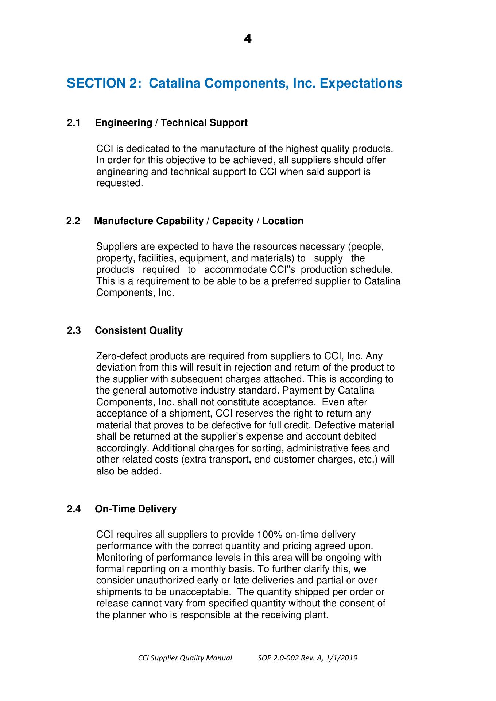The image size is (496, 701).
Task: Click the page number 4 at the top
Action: click(247, 39)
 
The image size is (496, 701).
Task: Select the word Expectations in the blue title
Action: click(361, 83)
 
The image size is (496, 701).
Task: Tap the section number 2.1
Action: click(74, 123)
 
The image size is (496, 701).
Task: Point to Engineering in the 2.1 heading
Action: click(123, 123)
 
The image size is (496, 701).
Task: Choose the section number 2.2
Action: click(73, 221)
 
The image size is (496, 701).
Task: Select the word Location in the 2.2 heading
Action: click(283, 221)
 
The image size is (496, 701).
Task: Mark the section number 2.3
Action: click(74, 331)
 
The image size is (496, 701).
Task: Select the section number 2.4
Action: click(74, 509)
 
